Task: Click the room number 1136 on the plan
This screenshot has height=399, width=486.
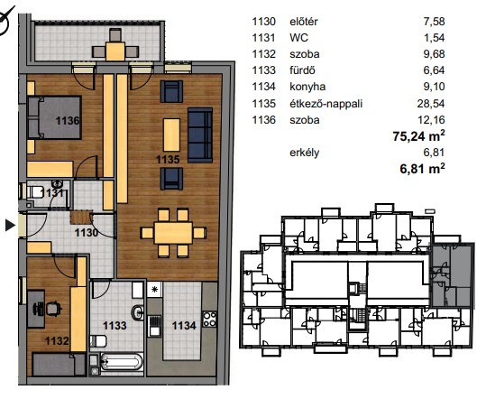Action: coord(68,120)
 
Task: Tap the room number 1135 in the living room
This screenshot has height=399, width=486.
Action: coord(168,159)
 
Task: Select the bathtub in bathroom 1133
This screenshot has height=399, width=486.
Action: coord(122,362)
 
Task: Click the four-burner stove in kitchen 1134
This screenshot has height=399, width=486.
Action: coord(209,319)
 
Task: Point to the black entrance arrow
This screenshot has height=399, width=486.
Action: coord(10,225)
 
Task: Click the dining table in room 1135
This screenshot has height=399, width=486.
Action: coord(173,233)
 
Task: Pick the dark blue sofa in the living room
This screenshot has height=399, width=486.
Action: coord(200,135)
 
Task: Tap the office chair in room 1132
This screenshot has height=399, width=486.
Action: coord(53,309)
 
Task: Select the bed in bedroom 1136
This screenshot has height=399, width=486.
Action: coord(54,117)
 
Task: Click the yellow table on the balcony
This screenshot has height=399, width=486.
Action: coord(115,51)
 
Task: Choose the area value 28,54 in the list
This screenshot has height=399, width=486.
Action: coord(431,103)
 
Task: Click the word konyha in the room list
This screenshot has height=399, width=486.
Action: coord(307,87)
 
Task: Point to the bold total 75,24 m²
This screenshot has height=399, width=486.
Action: coord(418,136)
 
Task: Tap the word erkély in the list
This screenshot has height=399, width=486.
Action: coord(305,153)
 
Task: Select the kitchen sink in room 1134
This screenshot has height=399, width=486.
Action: coord(154,326)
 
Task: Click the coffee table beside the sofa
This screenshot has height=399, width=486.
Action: coord(171,135)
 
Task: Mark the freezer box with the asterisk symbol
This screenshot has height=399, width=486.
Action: coord(154,290)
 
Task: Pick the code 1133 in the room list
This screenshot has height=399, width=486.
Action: coord(264,70)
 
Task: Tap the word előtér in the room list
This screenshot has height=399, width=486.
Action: coord(304,22)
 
